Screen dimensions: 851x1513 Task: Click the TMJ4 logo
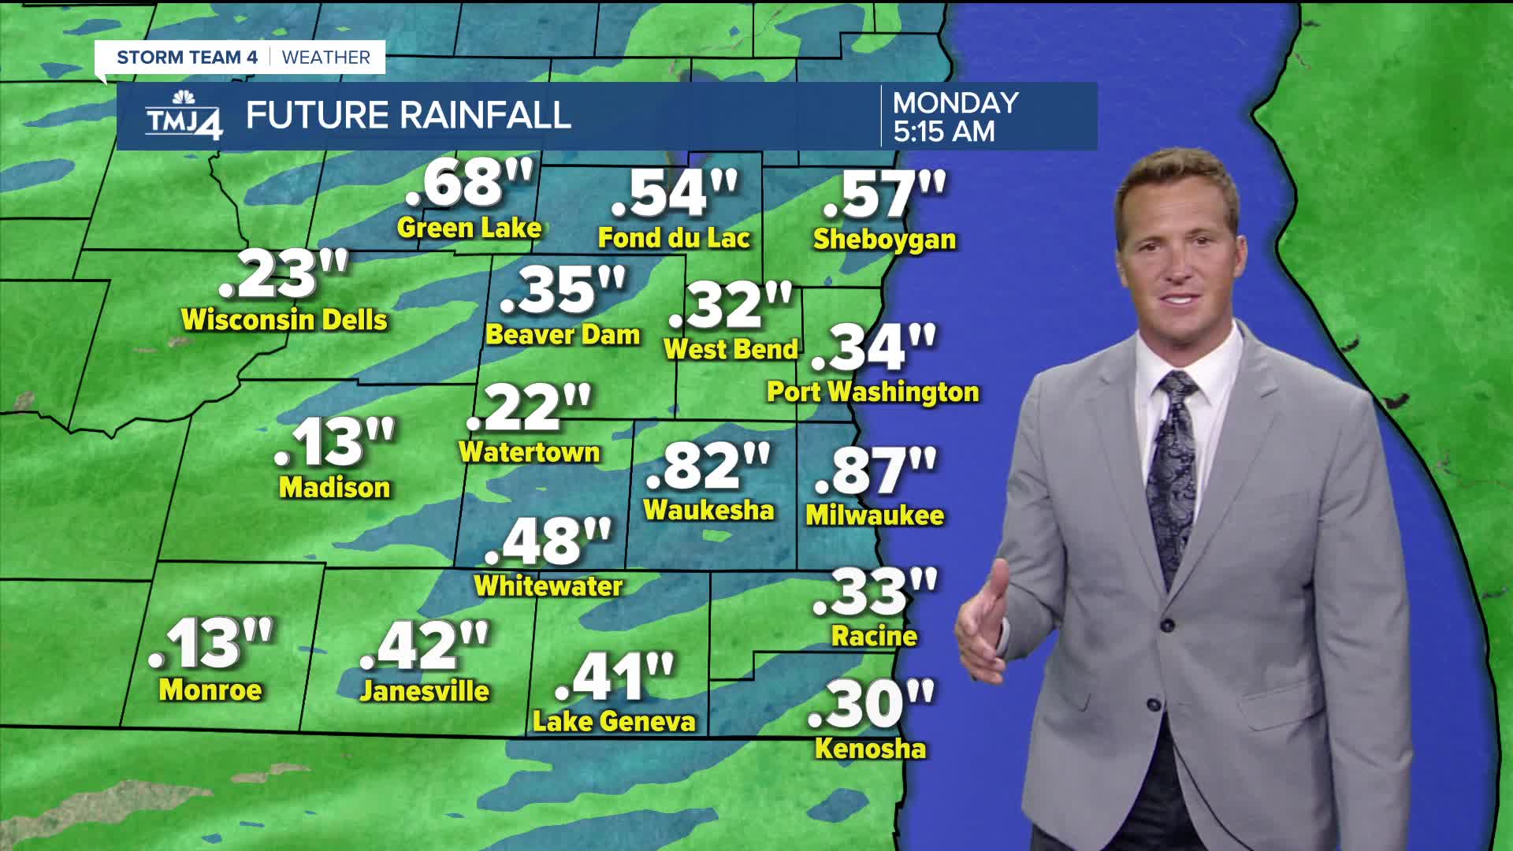[x=184, y=116]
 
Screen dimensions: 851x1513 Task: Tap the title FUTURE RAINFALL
[x=408, y=116]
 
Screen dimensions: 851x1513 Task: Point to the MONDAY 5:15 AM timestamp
[x=956, y=117]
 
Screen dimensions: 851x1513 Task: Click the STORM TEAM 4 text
[x=187, y=58]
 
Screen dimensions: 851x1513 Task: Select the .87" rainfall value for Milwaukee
[x=875, y=470]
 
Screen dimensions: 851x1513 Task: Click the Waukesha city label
[x=708, y=510]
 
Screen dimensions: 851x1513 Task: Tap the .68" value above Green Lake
[x=470, y=183]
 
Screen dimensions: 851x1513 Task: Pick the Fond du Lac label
[x=674, y=238]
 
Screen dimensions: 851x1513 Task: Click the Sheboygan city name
[x=884, y=240]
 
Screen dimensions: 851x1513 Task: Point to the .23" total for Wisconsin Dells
[x=283, y=276]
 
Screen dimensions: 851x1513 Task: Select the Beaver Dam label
[x=563, y=335]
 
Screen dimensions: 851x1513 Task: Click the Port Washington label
[x=872, y=392]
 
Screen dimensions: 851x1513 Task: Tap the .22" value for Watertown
[x=528, y=408]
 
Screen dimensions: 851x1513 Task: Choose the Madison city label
[x=334, y=488]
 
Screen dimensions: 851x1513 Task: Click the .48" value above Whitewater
[x=548, y=542]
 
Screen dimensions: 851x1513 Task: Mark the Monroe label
[x=210, y=690]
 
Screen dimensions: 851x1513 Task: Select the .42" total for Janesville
[x=425, y=645]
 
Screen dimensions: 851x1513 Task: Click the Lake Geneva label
[x=614, y=722]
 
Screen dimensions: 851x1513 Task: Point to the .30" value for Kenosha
[x=871, y=704]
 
